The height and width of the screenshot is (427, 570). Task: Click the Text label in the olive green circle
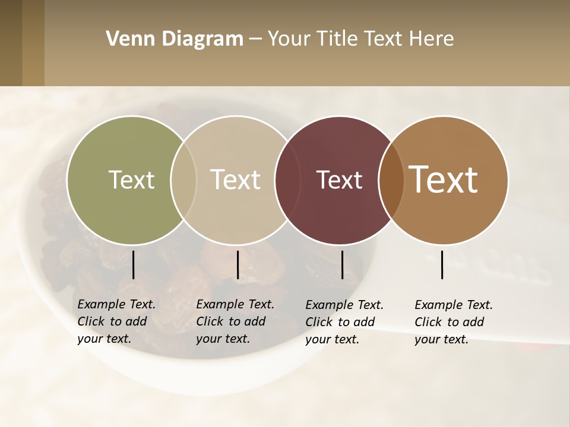coord(131,180)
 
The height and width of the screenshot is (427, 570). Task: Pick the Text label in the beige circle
coord(236,180)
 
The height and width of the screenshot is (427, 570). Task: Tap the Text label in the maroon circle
coord(339,180)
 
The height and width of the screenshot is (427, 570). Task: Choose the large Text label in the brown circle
coord(444,180)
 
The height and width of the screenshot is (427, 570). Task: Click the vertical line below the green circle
coord(133,265)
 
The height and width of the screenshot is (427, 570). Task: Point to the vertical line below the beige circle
coord(237,265)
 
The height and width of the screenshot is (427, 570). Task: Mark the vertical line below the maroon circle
coord(342,265)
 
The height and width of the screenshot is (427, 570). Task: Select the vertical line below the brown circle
coord(442,265)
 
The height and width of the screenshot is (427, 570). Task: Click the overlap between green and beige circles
coord(183,180)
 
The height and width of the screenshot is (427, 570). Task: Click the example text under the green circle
coord(116,321)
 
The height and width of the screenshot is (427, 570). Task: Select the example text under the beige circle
coord(235,321)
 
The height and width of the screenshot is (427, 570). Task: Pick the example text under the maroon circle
coord(344,322)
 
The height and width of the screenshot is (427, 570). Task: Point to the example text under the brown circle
coord(454,322)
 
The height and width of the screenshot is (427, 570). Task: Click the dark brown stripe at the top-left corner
coord(11,43)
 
